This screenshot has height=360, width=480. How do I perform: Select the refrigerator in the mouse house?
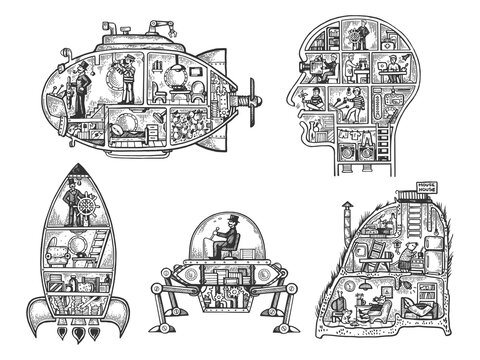tap(437, 250)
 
